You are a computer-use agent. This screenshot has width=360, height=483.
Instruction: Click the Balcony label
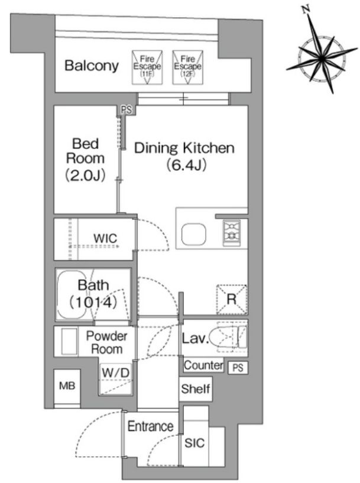click(x=92, y=66)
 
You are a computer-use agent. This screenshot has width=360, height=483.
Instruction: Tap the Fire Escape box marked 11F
click(x=147, y=67)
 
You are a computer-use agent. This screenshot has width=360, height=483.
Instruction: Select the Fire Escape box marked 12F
click(x=187, y=67)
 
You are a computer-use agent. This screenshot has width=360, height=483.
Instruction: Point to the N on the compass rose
click(x=306, y=10)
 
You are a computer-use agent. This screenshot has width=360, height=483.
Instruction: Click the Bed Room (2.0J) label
click(x=85, y=159)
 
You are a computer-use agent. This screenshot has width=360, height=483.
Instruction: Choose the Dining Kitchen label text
click(x=184, y=148)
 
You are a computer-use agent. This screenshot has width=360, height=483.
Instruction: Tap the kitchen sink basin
click(x=194, y=235)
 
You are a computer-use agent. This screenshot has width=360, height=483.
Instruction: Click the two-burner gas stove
click(x=231, y=233)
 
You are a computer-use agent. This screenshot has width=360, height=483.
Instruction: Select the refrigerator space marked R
click(x=232, y=299)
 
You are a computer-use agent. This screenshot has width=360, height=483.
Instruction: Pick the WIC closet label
click(x=105, y=238)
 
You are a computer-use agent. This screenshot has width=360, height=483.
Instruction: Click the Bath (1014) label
click(x=93, y=294)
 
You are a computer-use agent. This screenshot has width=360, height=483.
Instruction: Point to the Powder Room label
click(x=106, y=342)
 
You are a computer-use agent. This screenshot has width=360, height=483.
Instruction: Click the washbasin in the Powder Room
click(x=69, y=342)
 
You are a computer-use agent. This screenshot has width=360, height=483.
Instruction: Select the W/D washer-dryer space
click(x=115, y=379)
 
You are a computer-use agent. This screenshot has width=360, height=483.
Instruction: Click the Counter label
click(x=203, y=365)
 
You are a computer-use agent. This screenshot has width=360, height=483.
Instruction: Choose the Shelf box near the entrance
click(x=196, y=389)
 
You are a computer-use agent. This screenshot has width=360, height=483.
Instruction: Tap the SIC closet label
click(x=194, y=443)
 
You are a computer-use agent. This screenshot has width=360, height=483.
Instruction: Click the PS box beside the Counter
click(x=238, y=368)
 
